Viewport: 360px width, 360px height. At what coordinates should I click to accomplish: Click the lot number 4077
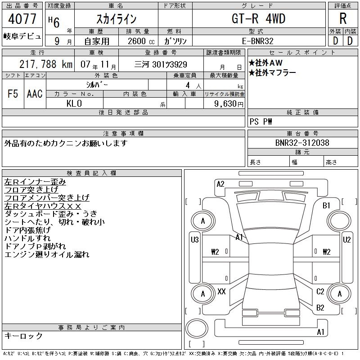click(22, 19)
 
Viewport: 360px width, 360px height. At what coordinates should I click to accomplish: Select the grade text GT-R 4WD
click(258, 18)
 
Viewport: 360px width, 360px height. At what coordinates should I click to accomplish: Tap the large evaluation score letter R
click(343, 18)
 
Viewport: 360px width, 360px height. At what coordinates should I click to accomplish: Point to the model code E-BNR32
click(258, 41)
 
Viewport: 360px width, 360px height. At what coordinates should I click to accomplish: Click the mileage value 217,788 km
click(46, 64)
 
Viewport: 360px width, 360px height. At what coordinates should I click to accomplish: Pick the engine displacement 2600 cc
click(141, 41)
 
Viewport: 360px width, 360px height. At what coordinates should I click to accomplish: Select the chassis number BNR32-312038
click(302, 143)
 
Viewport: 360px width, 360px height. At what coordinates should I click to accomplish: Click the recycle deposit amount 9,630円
click(229, 104)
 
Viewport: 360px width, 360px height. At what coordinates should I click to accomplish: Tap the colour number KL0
click(74, 103)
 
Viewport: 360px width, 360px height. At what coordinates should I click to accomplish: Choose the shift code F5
click(13, 94)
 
